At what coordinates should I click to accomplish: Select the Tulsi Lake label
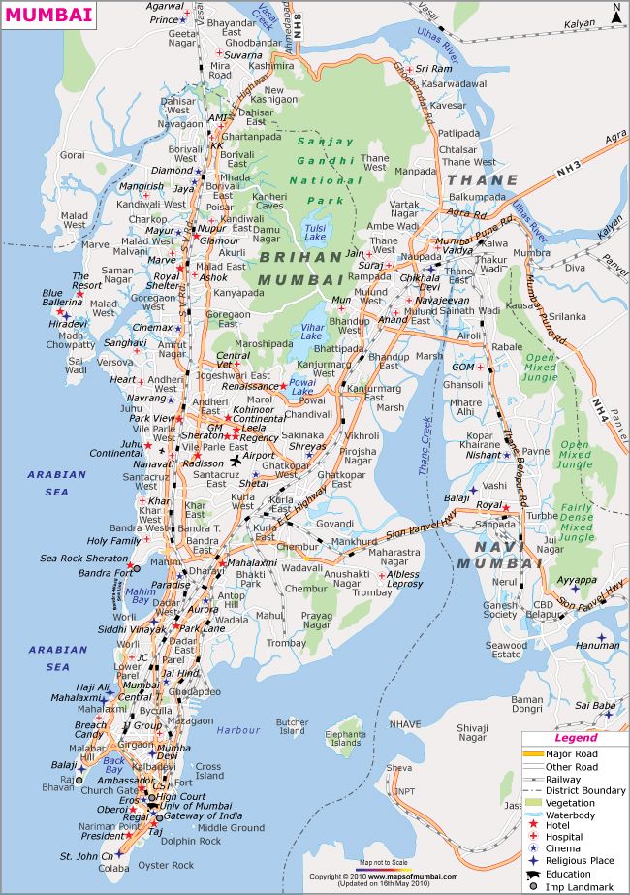pyautogui.click(x=314, y=231)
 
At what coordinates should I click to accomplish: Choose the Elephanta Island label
pyautogui.click(x=345, y=742)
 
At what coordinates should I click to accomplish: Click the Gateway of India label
pyautogui.click(x=206, y=816)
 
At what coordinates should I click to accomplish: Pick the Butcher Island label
pyautogui.click(x=293, y=727)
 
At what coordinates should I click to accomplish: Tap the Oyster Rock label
pyautogui.click(x=167, y=865)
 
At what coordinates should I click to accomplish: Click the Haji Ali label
pyautogui.click(x=92, y=687)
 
